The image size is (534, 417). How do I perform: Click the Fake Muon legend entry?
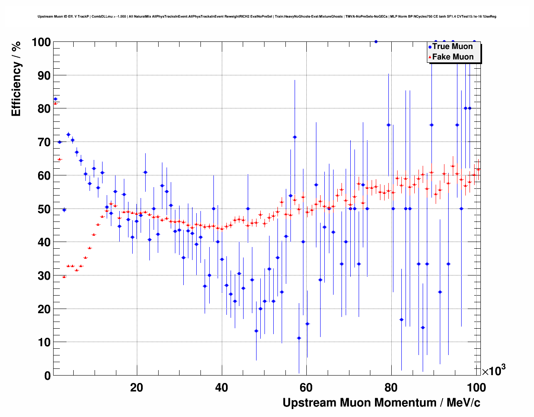pos(453,57)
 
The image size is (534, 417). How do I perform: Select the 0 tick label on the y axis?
pos(46,376)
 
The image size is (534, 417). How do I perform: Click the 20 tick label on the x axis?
pos(136,387)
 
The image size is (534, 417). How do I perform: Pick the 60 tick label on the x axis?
pos(306,387)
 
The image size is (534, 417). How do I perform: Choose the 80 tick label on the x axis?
pos(391,387)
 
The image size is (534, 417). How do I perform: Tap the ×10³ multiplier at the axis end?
pos(493,370)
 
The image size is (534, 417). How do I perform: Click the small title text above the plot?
pos(267,17)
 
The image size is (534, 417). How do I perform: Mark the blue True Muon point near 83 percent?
pos(55,99)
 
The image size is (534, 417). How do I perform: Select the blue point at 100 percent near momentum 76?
pos(376,41)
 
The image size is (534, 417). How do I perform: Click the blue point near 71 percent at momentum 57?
pos(295,137)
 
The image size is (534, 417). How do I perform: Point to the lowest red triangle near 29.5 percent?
pos(64,277)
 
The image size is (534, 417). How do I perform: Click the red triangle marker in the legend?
pos(429,57)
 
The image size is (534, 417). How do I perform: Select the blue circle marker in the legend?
pos(429,47)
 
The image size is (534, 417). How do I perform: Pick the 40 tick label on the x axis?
pos(221,387)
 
